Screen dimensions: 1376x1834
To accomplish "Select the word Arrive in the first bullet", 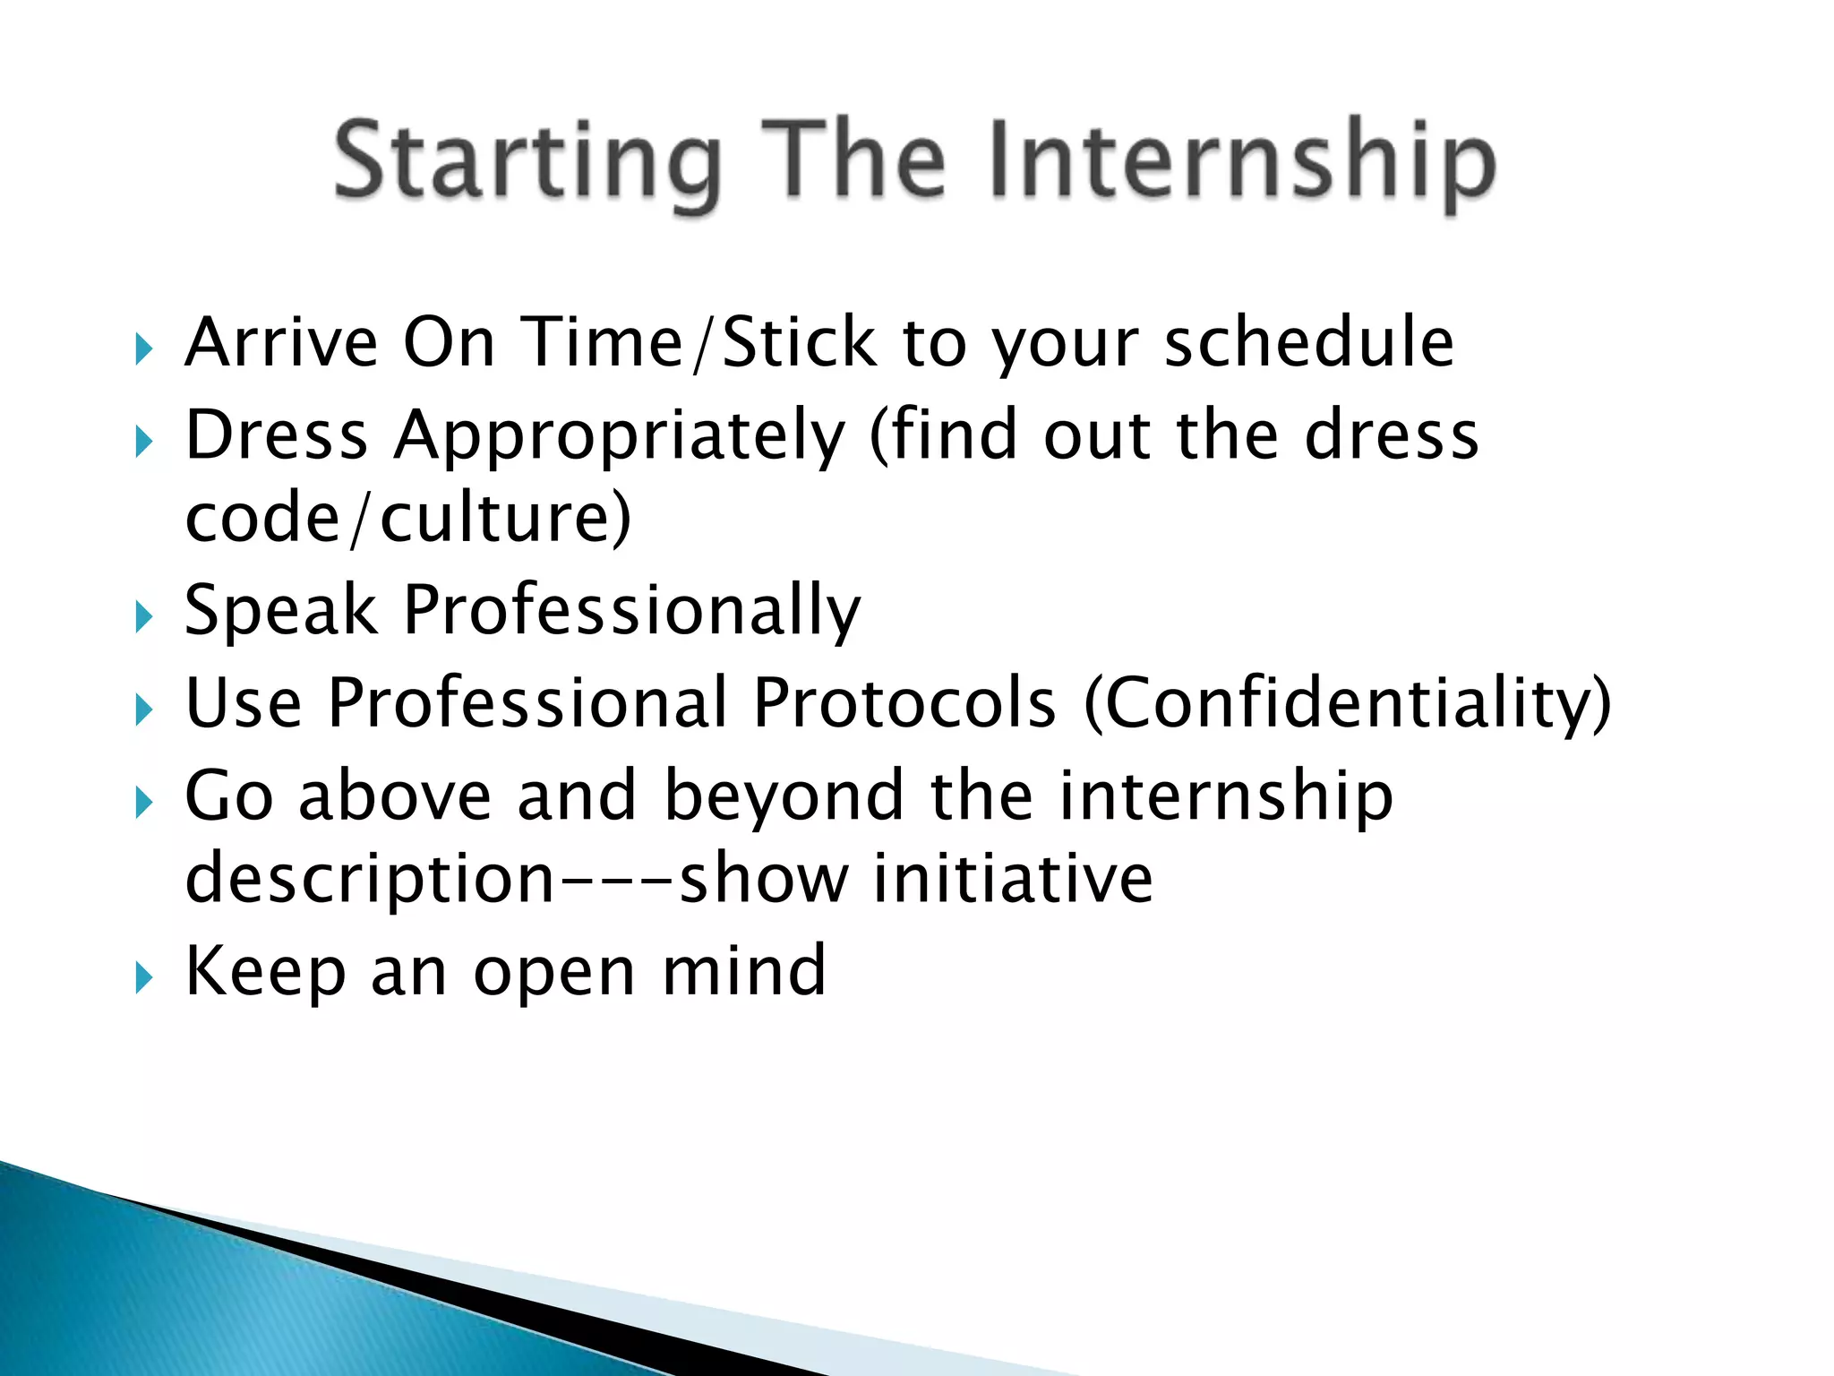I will click(281, 342).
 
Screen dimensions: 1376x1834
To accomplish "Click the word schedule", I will click(1308, 342).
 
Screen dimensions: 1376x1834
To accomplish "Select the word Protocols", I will click(904, 703).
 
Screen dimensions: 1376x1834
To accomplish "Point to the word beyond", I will click(784, 795).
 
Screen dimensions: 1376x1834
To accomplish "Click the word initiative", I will click(1013, 879).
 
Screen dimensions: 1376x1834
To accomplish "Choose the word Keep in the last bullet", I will click(265, 972).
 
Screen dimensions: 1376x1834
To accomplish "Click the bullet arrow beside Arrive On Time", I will click(144, 348).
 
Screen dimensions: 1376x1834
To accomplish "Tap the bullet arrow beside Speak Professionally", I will click(144, 617).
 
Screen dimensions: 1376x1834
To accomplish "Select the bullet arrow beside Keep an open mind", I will click(144, 977).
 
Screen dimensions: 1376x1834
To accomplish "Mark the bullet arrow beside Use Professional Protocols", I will click(144, 709).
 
